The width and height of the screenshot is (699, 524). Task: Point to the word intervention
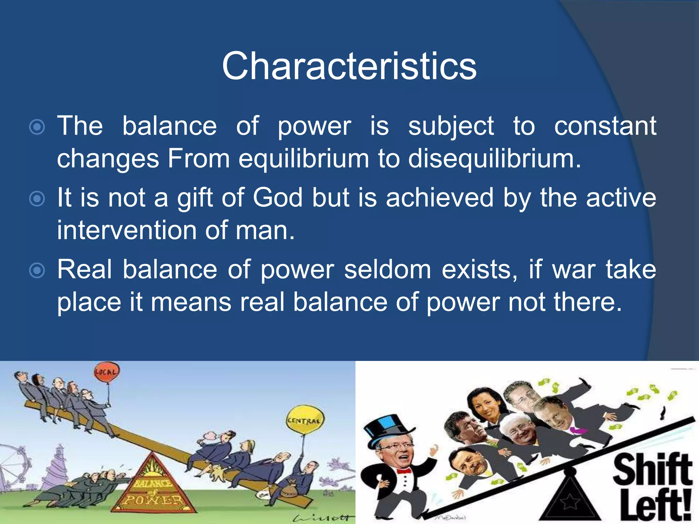coord(126,230)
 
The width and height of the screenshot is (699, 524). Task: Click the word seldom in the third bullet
coord(388,270)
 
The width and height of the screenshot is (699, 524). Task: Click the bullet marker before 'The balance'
coord(37,127)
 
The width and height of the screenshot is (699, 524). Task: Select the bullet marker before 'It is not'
coord(37,199)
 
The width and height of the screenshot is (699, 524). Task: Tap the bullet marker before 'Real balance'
coord(37,271)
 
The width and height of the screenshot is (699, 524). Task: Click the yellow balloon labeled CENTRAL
coord(305,420)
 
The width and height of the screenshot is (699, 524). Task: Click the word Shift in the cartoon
coord(653,470)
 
